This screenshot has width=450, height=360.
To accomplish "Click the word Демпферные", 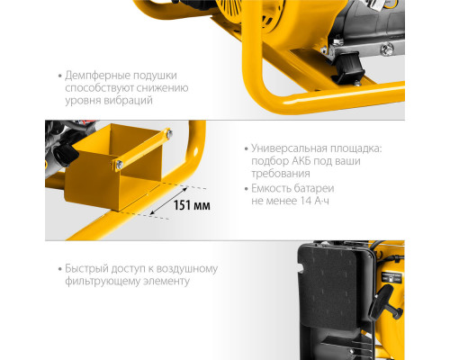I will [97, 75].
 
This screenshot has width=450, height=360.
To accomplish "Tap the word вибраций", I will [127, 102].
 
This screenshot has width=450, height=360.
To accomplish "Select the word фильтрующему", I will [107, 282].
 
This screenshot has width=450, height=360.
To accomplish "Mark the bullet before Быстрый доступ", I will [58, 268].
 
